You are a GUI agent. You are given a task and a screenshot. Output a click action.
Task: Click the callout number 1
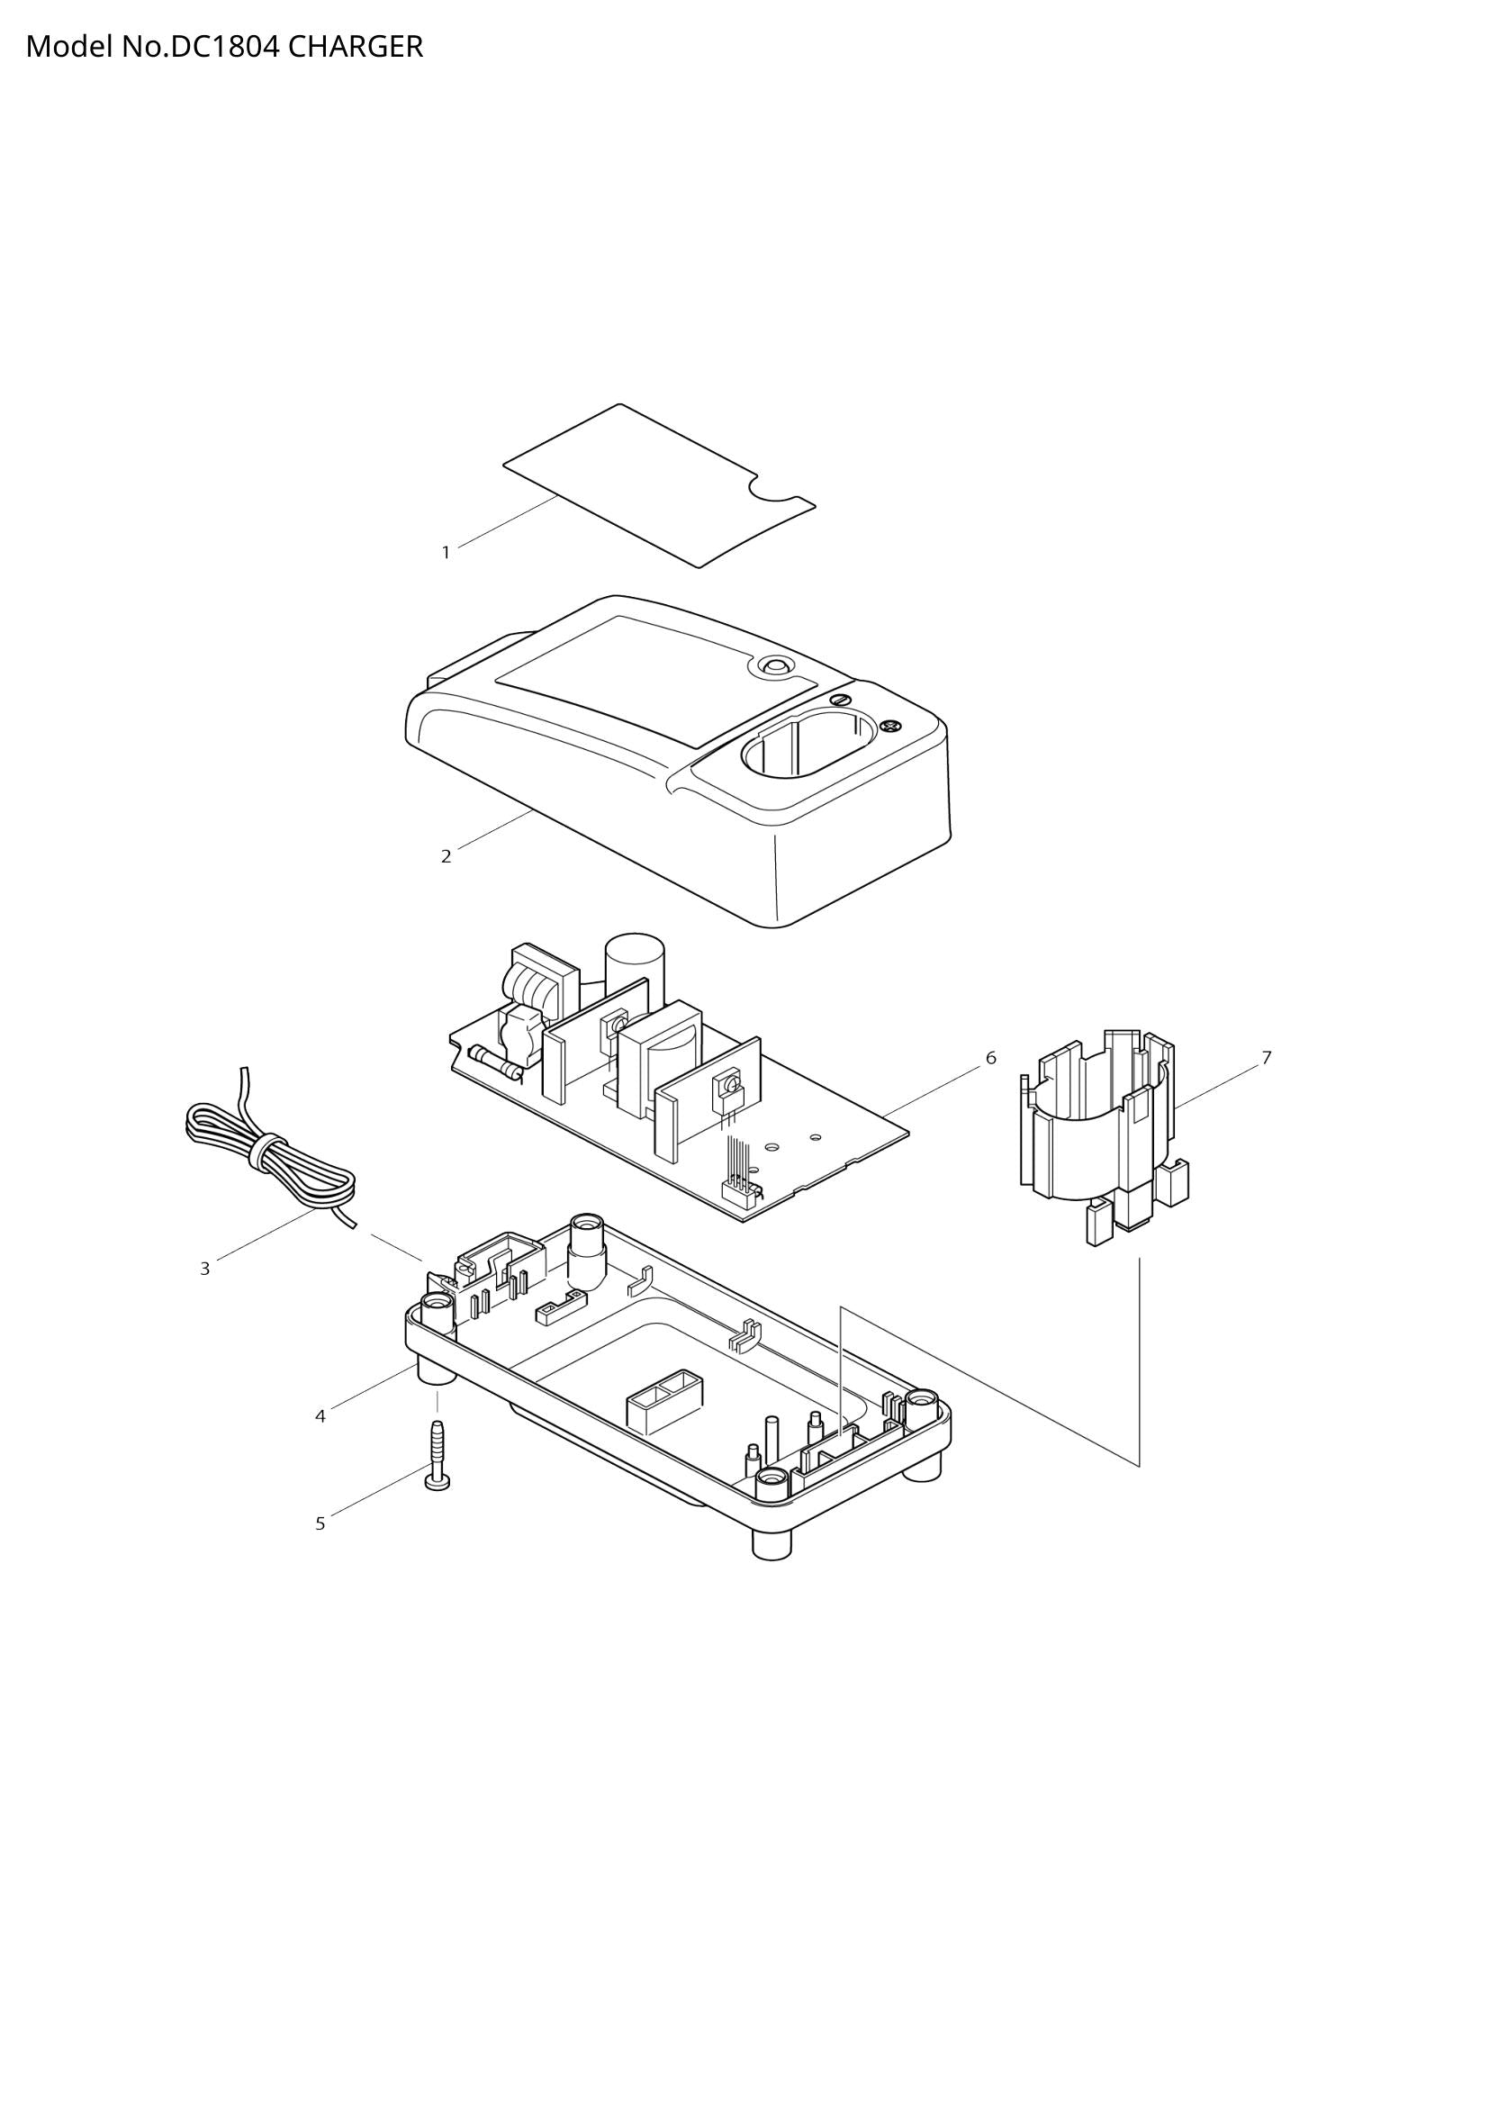click(446, 552)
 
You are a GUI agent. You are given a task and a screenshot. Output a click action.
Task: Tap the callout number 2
click(446, 856)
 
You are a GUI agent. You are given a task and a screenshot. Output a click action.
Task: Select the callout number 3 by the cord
click(204, 1270)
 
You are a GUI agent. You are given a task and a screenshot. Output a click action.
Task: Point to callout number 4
click(320, 1417)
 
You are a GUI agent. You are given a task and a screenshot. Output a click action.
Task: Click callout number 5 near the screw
click(320, 1524)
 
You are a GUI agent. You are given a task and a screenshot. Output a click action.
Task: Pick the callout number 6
click(990, 1059)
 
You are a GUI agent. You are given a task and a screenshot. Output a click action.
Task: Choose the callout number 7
click(1267, 1059)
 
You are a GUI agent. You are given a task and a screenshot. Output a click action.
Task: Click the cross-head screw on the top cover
click(888, 727)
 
